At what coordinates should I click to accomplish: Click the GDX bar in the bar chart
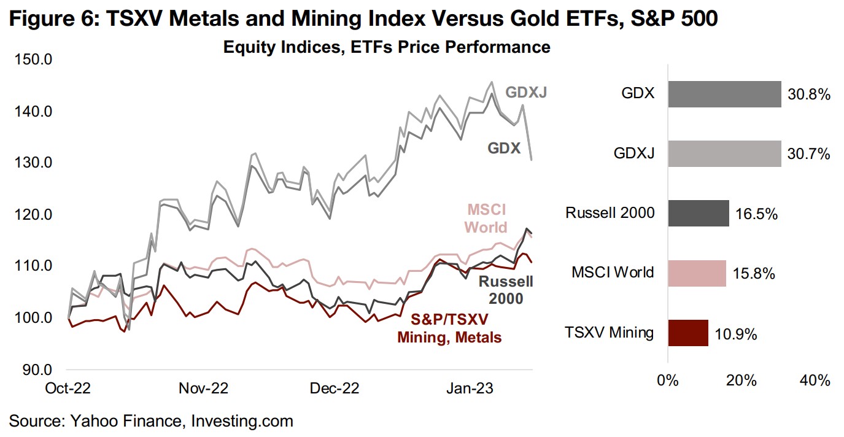click(x=724, y=95)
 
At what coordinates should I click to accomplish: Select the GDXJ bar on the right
click(x=724, y=154)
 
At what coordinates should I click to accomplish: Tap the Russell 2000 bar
click(x=698, y=213)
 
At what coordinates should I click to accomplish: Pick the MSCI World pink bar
click(x=697, y=273)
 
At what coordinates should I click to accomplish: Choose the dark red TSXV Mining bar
click(x=687, y=333)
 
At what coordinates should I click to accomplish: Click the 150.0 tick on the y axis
click(x=34, y=60)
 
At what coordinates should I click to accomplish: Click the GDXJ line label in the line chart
click(x=526, y=92)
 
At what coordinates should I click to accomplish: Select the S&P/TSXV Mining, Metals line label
click(x=449, y=328)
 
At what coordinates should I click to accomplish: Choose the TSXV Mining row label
click(x=610, y=333)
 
